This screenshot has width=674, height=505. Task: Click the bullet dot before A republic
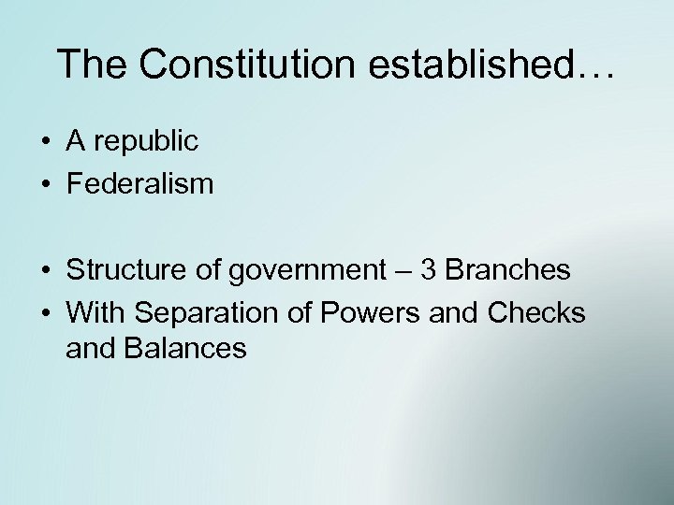45,142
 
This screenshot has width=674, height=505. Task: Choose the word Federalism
139,183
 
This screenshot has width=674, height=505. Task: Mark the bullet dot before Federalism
45,184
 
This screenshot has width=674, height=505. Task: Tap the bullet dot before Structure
45,271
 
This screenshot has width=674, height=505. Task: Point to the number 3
429,270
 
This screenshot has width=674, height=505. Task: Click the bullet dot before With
45,313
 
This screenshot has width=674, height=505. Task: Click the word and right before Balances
88,350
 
